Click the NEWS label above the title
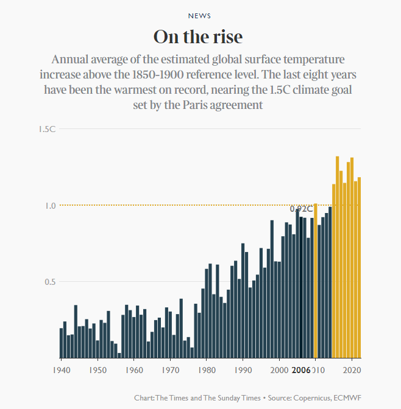(200, 16)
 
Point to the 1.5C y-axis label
(47, 129)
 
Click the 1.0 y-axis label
(50, 206)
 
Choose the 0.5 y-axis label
(50, 282)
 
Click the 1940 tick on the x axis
(61, 369)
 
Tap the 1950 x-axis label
(98, 369)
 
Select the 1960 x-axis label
(134, 369)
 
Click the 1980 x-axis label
(207, 369)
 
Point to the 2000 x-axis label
(279, 369)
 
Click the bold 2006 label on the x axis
(301, 369)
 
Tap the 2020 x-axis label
(352, 369)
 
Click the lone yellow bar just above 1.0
(315, 280)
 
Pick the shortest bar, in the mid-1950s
(119, 355)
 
